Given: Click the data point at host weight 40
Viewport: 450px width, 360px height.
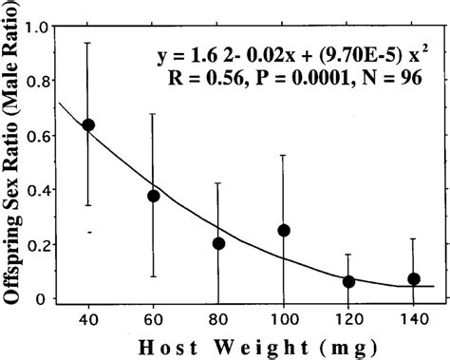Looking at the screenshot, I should click(88, 124).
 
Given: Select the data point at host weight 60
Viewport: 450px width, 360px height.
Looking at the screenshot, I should click(154, 196).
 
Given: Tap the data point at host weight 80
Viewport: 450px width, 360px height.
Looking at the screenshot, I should click(218, 243).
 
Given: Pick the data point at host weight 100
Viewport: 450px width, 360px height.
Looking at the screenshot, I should click(283, 230).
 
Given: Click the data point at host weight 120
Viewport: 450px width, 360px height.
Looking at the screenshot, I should click(348, 281).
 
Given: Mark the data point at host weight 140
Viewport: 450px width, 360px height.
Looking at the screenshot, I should click(413, 278).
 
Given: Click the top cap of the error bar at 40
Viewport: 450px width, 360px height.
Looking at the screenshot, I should click(88, 43).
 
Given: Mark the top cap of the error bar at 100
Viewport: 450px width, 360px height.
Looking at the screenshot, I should click(283, 155).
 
